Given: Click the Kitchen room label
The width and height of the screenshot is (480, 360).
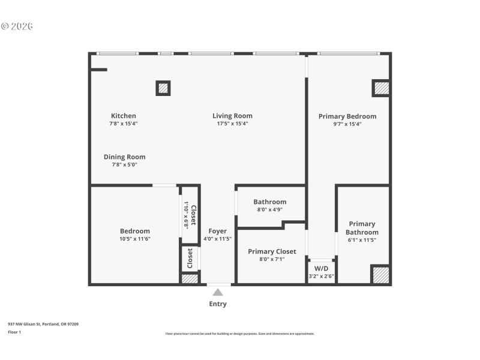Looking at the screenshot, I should [x=123, y=116].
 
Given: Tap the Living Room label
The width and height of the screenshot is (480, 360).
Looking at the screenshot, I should [x=232, y=116].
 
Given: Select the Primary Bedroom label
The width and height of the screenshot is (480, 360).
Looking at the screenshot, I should [x=347, y=116].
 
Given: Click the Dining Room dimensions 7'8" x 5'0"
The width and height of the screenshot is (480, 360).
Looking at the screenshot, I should [x=124, y=164].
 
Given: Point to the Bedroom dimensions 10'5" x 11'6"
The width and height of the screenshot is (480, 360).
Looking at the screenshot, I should [x=134, y=239].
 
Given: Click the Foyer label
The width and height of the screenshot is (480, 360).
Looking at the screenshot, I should [x=217, y=231].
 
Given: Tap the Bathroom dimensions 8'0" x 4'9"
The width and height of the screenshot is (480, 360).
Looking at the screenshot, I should [x=269, y=210].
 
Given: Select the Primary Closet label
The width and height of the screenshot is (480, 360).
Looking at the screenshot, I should [x=272, y=251].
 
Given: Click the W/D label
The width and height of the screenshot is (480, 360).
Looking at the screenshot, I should [x=321, y=268].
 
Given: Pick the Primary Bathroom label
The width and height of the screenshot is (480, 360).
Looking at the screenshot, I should [x=362, y=228].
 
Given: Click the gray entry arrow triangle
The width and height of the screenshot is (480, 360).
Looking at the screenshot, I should [x=218, y=292].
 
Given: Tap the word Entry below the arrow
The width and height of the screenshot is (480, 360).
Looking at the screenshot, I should [x=218, y=304].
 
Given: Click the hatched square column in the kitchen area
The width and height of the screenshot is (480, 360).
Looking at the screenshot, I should [x=163, y=88].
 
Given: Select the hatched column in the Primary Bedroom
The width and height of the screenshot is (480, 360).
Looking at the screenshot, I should [x=381, y=88].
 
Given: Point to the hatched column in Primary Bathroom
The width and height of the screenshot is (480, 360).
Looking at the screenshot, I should [x=380, y=275].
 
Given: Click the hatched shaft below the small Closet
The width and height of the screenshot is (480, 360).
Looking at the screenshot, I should [x=190, y=279].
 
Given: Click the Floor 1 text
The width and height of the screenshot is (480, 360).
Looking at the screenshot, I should [x=14, y=332].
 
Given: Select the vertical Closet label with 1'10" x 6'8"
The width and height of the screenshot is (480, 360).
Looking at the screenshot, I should [x=190, y=215].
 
